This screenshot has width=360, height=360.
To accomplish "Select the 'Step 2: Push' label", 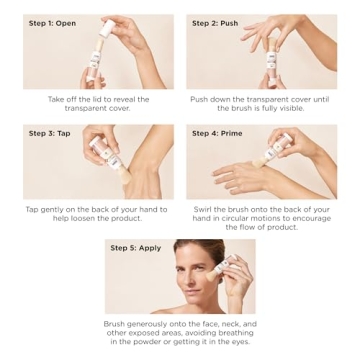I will pos(216,22).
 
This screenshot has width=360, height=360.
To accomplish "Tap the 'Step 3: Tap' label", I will pos(48,133).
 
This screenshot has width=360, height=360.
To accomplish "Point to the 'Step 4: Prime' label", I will pos(218,133).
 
